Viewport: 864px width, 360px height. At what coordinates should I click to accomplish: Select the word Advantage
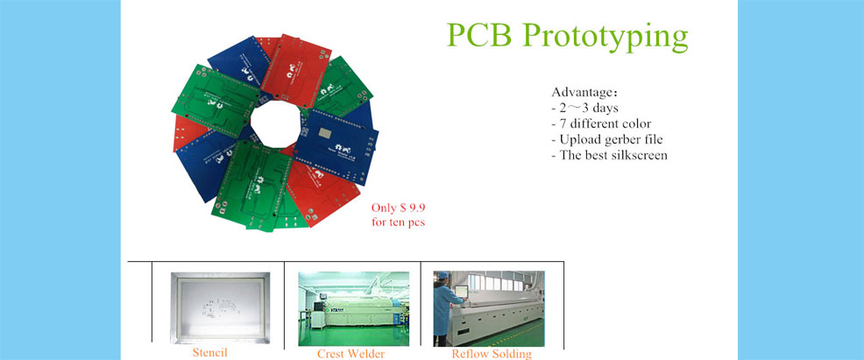[x=582, y=93]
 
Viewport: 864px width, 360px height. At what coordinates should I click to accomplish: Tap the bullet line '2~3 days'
[x=584, y=108]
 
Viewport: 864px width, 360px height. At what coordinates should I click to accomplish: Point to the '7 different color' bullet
[x=601, y=124]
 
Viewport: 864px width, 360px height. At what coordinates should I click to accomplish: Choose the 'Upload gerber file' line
[x=606, y=139]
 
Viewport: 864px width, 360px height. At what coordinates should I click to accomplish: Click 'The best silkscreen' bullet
[x=609, y=155]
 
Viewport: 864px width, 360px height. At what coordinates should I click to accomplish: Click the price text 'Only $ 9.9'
[x=399, y=208]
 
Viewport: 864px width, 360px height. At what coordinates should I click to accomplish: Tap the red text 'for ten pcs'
[x=399, y=223]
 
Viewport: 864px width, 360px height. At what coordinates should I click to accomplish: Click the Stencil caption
[x=209, y=352]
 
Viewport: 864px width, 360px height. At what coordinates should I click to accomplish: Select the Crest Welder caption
[x=351, y=353]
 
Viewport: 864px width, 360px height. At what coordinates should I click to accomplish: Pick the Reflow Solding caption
[x=492, y=353]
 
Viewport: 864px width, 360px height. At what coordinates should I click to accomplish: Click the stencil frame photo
[x=221, y=307]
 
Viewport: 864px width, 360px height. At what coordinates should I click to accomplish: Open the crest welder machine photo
[x=354, y=309]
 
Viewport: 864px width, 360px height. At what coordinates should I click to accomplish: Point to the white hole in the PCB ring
[x=275, y=124]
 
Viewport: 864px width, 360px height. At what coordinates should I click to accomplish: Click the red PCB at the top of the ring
[x=296, y=67]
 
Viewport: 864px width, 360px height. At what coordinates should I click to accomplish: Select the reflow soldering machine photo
[x=489, y=309]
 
